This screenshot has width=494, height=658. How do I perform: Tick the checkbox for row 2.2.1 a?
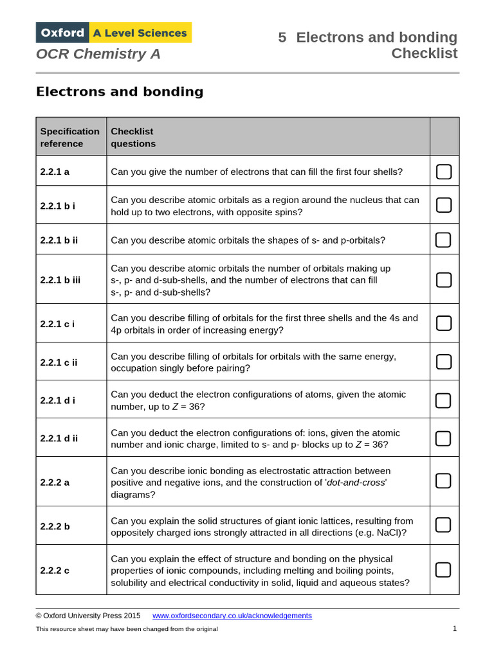point(444,172)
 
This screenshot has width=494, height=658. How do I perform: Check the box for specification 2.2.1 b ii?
point(444,240)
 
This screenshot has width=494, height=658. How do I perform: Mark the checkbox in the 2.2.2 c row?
point(444,570)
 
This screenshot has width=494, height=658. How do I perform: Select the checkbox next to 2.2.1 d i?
point(444,400)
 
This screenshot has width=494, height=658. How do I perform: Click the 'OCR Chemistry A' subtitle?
point(98,54)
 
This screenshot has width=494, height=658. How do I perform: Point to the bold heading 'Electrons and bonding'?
point(120,91)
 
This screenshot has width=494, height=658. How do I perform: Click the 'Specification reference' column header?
point(70,138)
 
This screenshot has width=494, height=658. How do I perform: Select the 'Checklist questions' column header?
point(133,138)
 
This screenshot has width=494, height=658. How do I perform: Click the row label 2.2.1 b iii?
point(60,280)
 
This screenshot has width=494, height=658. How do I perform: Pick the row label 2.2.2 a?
point(55,482)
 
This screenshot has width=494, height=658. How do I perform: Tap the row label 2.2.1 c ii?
point(59,362)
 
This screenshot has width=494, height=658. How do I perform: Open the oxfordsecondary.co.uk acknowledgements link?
point(232,616)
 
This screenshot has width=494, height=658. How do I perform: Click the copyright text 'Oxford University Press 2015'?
point(91,616)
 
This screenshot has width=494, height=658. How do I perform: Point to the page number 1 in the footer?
point(455,628)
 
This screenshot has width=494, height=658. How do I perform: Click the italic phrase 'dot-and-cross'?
point(356,483)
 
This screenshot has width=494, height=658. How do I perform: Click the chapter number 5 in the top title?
point(282,37)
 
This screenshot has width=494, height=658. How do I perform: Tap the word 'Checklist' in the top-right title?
point(425,53)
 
